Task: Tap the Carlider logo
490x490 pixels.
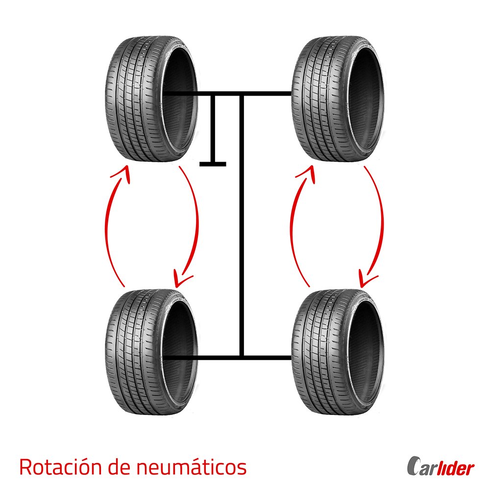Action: tap(441, 467)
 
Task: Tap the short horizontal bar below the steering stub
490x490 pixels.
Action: tap(213, 164)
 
